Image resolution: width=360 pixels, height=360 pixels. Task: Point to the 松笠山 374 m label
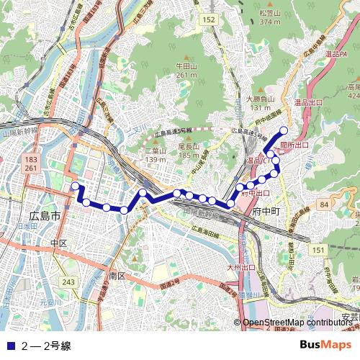(x=269, y=17)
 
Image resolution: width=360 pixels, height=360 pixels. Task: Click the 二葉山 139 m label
(x=156, y=155)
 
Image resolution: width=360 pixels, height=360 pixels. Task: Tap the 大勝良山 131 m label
(x=260, y=103)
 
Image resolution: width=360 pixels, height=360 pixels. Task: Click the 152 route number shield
(x=209, y=19)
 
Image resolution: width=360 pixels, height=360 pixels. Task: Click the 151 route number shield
(x=319, y=248)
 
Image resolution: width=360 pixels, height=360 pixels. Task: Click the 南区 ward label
(x=117, y=276)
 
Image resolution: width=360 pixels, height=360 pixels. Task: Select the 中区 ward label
(x=59, y=243)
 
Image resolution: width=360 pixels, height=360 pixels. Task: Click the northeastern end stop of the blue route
(x=284, y=130)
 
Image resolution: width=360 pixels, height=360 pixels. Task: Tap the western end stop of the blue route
(x=74, y=186)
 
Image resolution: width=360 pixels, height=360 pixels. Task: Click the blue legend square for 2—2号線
(x=9, y=346)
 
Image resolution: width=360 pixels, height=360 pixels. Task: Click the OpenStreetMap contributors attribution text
(x=297, y=322)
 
